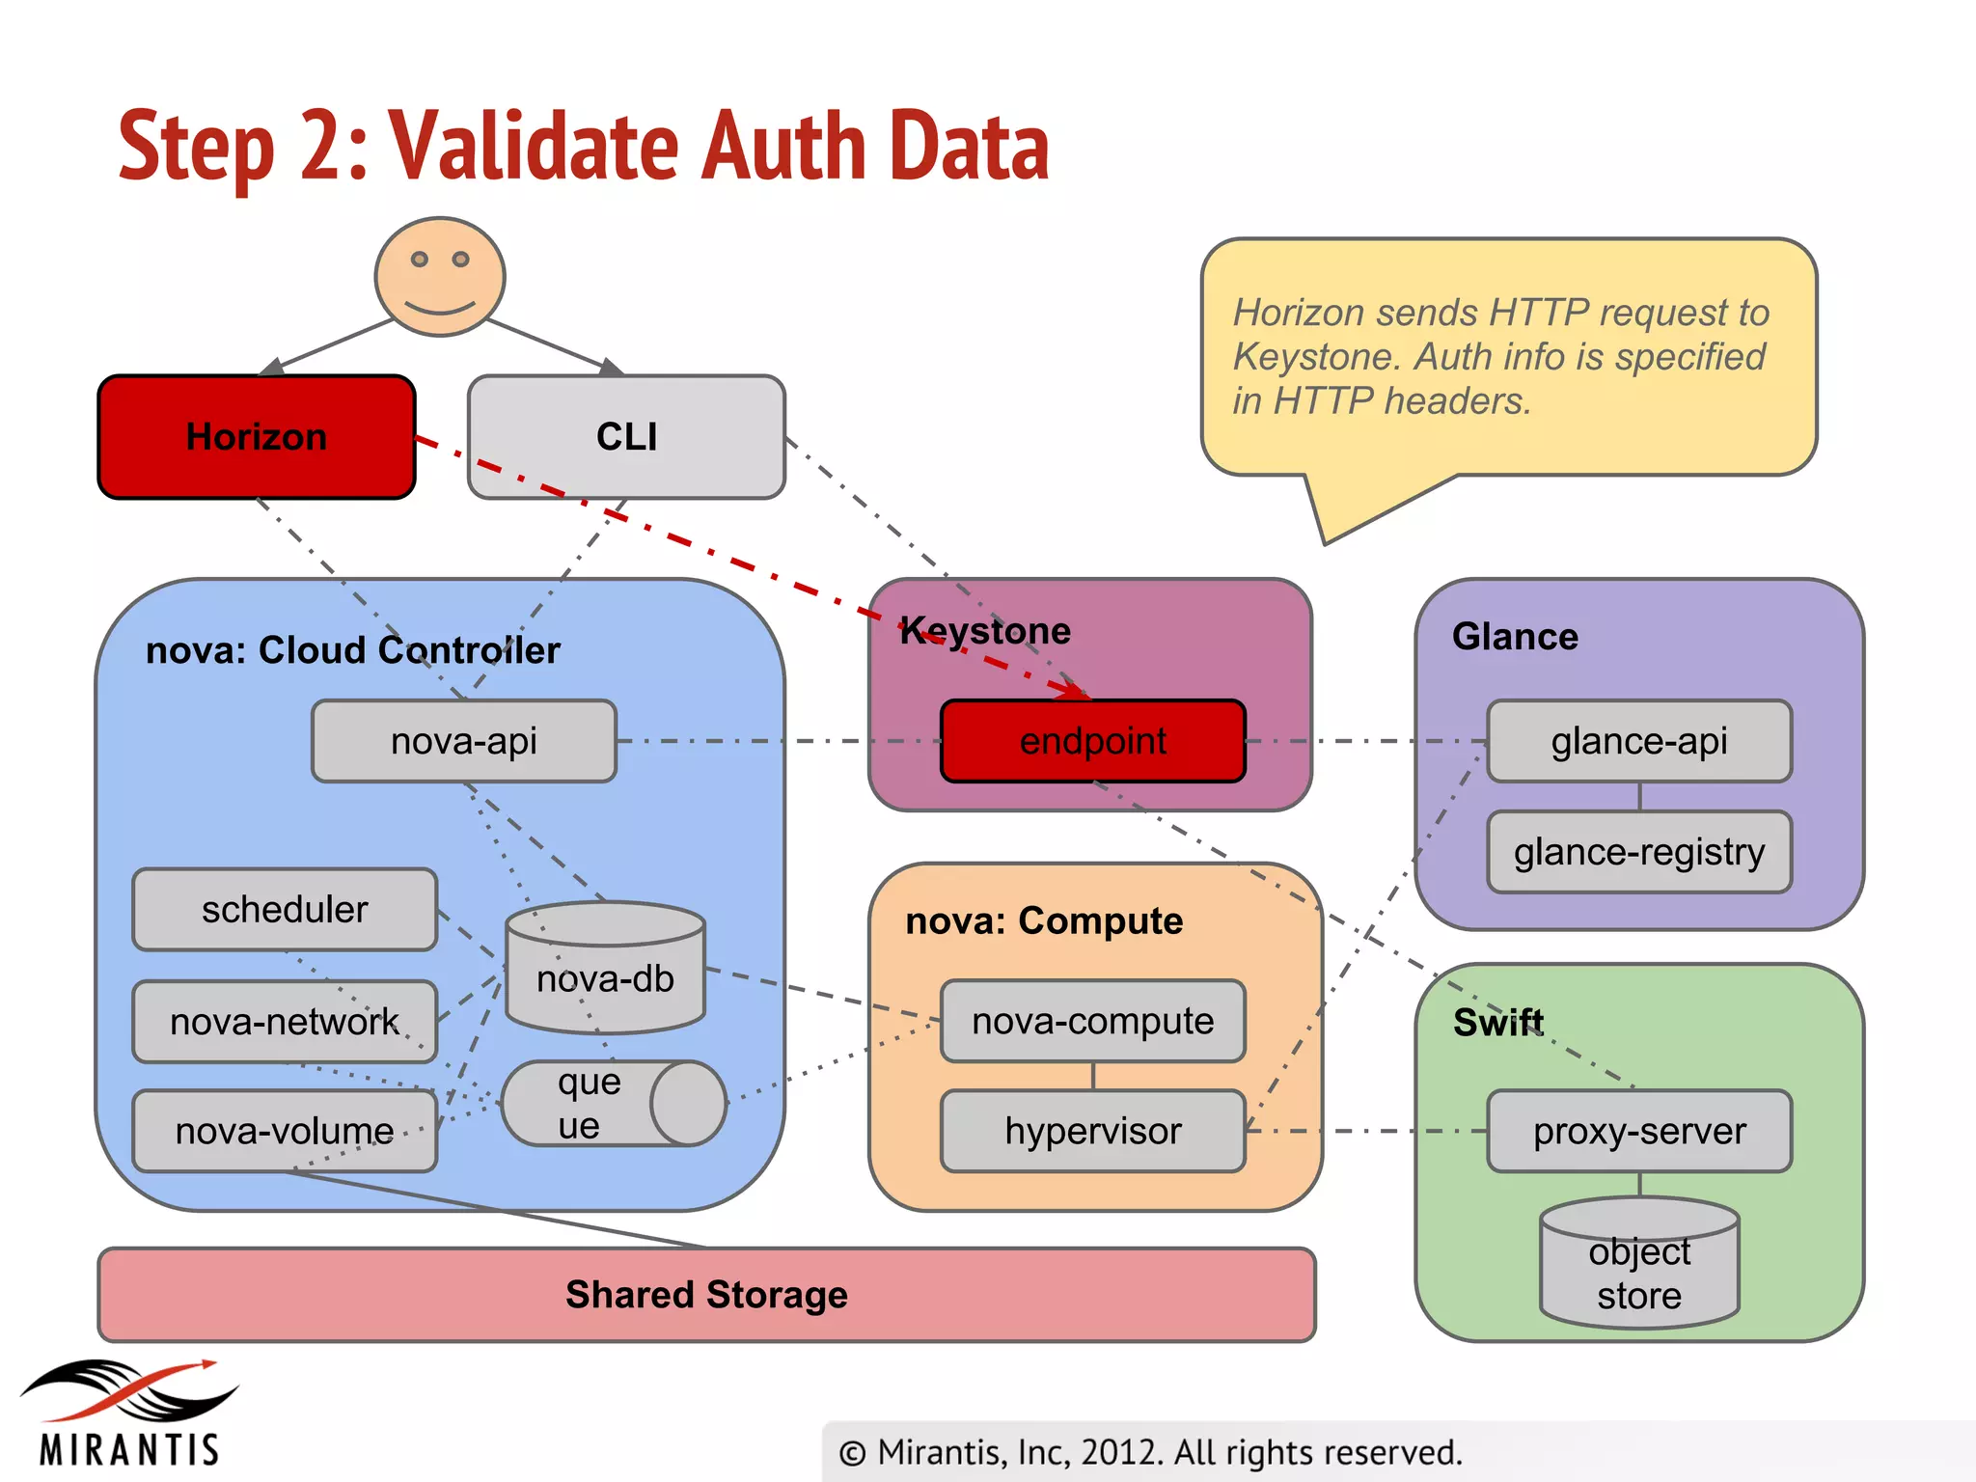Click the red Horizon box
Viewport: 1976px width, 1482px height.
pyautogui.click(x=256, y=437)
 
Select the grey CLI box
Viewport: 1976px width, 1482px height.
pyautogui.click(x=626, y=437)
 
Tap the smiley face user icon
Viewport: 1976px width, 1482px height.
pyautogui.click(x=440, y=276)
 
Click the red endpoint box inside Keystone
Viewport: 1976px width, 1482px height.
pyautogui.click(x=1092, y=741)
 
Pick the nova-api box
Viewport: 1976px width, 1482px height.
pyautogui.click(x=463, y=741)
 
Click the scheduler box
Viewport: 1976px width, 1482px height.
pyautogui.click(x=285, y=910)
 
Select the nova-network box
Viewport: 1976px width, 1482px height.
pyautogui.click(x=285, y=1022)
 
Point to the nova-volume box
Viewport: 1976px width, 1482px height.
pyautogui.click(x=285, y=1131)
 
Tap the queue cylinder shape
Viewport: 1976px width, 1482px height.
pyautogui.click(x=613, y=1104)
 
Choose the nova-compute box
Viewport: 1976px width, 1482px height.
pyautogui.click(x=1092, y=1021)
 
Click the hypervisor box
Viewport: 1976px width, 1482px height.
pyautogui.click(x=1092, y=1131)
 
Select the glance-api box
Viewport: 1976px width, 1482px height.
pyautogui.click(x=1638, y=741)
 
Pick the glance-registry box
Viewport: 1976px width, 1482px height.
pyautogui.click(x=1638, y=852)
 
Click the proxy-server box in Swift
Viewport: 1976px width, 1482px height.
pyautogui.click(x=1638, y=1131)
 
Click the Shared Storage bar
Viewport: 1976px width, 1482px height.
pyautogui.click(x=706, y=1295)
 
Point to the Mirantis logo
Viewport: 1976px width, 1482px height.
pyautogui.click(x=128, y=1413)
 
